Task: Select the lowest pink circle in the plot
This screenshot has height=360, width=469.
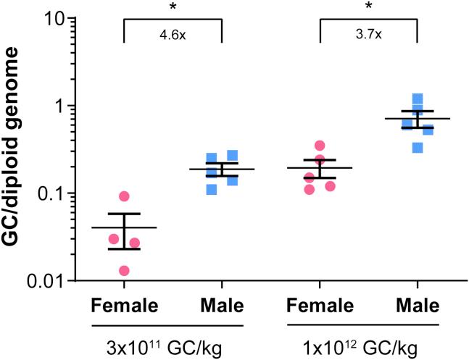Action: click(124, 271)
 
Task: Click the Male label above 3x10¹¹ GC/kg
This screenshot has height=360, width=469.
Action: click(222, 305)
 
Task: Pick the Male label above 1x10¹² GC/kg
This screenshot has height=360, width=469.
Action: click(418, 305)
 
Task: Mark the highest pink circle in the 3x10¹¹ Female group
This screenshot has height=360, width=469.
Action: click(124, 196)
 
